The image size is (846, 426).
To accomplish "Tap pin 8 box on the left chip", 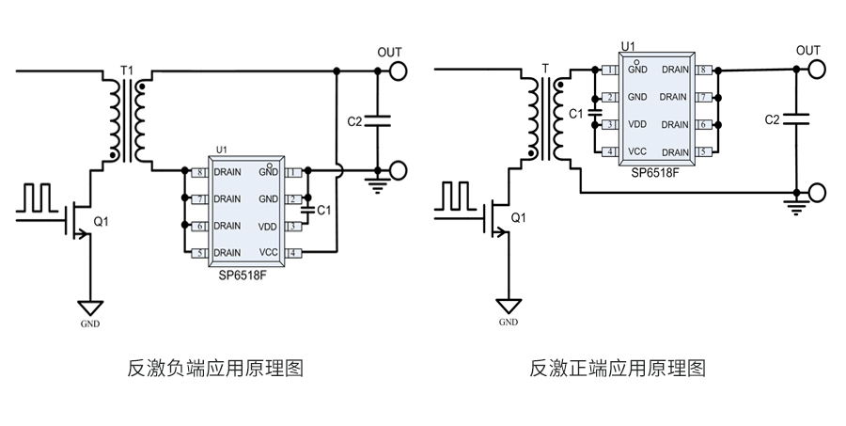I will pyautogui.click(x=198, y=173).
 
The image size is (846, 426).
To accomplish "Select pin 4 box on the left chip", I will pyautogui.click(x=293, y=253).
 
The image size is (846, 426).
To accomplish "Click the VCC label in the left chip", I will pyautogui.click(x=269, y=253).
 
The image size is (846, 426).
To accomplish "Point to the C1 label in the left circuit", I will pyautogui.click(x=324, y=210).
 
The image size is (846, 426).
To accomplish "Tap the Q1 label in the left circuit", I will pyautogui.click(x=102, y=223).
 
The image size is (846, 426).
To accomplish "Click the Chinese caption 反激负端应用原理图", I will pyautogui.click(x=215, y=368).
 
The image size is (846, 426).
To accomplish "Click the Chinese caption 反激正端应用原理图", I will pyautogui.click(x=619, y=368).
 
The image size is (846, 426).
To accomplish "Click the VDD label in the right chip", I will pyautogui.click(x=637, y=124).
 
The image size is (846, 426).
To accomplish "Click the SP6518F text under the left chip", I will pyautogui.click(x=243, y=275).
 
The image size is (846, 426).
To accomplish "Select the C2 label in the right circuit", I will pyautogui.click(x=773, y=120).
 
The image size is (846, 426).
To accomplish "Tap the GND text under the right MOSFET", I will pyautogui.click(x=508, y=323).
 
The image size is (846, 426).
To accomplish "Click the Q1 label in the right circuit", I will pyautogui.click(x=518, y=218).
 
